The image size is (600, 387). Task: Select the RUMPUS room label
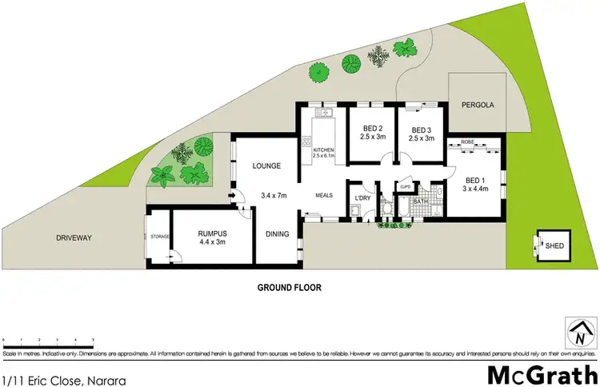[213, 233]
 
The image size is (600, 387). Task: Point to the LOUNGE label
[266, 166]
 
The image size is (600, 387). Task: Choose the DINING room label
[278, 234]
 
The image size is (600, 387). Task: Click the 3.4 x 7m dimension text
[274, 194]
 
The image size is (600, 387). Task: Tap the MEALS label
[323, 193]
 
